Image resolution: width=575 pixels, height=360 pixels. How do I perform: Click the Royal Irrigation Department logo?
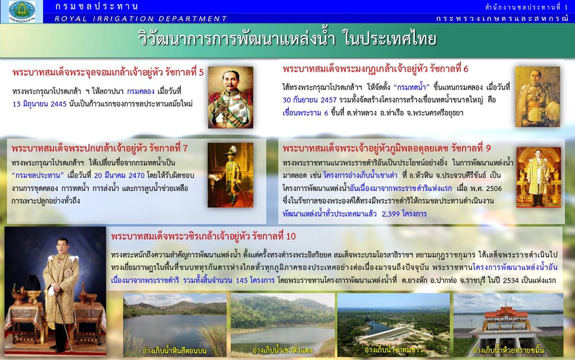coord(21,11)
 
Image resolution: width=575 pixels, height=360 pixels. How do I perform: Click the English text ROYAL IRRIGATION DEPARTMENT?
coord(141,19)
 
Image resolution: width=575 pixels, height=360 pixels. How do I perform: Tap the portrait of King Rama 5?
coord(231,97)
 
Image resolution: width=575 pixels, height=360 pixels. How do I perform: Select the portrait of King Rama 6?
coord(537,97)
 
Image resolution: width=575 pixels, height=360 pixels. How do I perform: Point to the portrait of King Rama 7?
coord(231,175)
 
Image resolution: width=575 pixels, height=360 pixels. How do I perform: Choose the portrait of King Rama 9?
coord(539,177)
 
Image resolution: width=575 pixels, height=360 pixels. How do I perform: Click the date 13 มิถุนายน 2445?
coord(40,104)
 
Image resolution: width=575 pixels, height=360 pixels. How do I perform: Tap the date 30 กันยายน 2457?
coord(309,100)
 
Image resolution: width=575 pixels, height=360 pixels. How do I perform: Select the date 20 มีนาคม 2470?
coord(119,176)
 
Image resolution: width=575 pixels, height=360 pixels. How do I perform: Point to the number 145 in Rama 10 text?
coord(241,281)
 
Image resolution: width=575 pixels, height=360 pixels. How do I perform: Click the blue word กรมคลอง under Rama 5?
coord(141,91)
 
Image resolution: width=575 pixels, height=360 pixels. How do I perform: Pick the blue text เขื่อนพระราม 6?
coord(305,113)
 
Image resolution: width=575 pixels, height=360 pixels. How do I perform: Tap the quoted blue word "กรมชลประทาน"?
coord(38,175)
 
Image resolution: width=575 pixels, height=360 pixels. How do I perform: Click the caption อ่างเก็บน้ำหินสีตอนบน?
coord(174,351)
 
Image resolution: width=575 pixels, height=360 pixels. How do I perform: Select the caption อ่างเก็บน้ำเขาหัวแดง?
coord(282,351)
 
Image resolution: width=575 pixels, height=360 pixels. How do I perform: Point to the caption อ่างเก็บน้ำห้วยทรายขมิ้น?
coord(508,351)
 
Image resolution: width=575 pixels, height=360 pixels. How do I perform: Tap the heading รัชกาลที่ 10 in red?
coord(274,237)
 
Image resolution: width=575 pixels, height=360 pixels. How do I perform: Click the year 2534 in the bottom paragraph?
coord(511,281)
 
